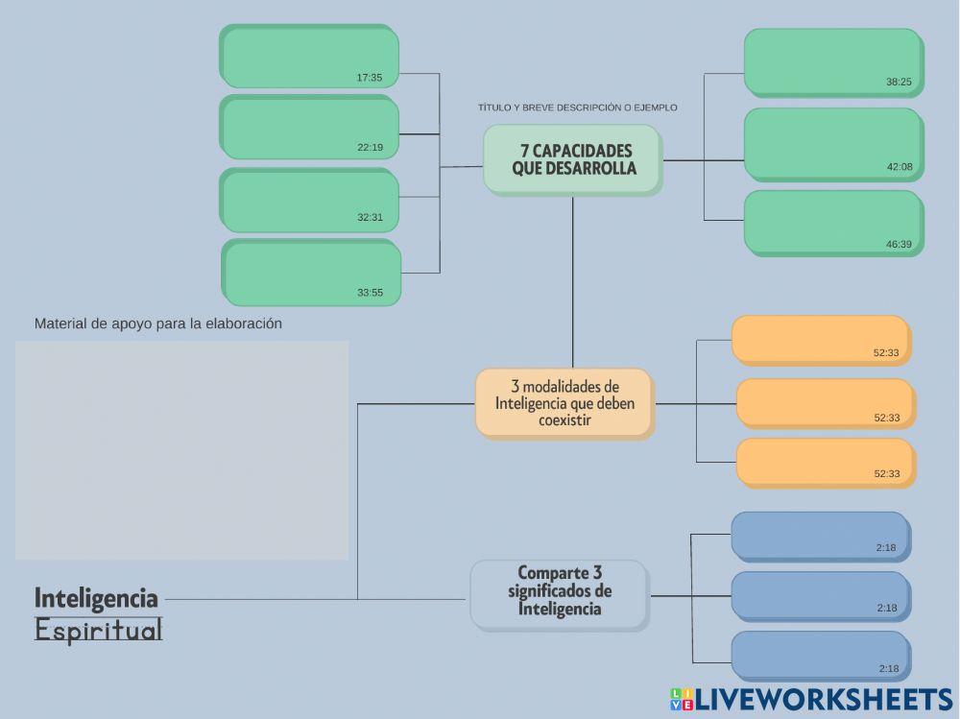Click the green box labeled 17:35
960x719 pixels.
click(309, 57)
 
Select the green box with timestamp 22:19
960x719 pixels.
click(309, 127)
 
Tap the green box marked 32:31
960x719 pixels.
click(309, 201)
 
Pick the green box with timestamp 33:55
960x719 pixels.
click(312, 273)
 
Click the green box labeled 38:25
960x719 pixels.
click(833, 62)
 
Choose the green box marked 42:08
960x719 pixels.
click(833, 144)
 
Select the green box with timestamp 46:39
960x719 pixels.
click(833, 223)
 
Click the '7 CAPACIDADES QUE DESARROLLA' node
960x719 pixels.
click(573, 159)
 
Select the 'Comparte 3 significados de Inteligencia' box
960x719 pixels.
click(560, 594)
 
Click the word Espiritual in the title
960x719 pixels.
click(99, 631)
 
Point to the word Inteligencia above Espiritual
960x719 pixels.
click(96, 598)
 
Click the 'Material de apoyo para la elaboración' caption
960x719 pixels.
click(158, 324)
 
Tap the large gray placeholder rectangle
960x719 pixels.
click(182, 450)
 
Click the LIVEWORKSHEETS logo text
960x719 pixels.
click(823, 699)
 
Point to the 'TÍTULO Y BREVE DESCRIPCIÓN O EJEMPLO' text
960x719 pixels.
click(577, 108)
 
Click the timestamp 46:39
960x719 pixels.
click(899, 245)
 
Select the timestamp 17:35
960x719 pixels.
click(370, 78)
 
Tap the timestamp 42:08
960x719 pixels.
click(900, 167)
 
